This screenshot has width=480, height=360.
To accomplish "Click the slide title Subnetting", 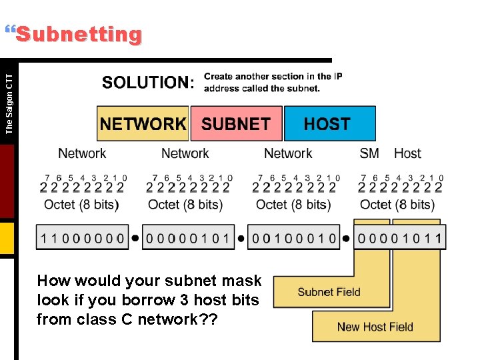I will click(x=79, y=35).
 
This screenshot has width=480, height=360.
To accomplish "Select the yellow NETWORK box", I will click(x=143, y=124).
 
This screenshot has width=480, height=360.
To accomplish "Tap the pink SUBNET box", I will click(x=236, y=124).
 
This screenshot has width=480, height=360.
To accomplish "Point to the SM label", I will click(x=369, y=153).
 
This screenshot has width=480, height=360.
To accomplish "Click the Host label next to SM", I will click(x=407, y=153).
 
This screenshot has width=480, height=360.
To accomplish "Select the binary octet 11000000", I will click(x=82, y=238).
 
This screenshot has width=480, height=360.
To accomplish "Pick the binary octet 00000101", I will click(x=188, y=238).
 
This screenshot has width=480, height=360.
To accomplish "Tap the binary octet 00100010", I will click(x=294, y=238).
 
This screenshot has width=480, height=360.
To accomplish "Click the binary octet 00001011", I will click(x=399, y=238).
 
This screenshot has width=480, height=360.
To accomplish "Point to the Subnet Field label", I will click(x=329, y=292).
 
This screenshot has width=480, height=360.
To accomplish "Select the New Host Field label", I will click(x=375, y=327).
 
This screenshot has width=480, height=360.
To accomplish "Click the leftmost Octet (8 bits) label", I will click(x=81, y=205).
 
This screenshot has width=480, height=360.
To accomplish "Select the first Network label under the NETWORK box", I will click(x=82, y=153).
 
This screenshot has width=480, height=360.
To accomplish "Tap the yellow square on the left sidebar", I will click(x=7, y=239).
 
